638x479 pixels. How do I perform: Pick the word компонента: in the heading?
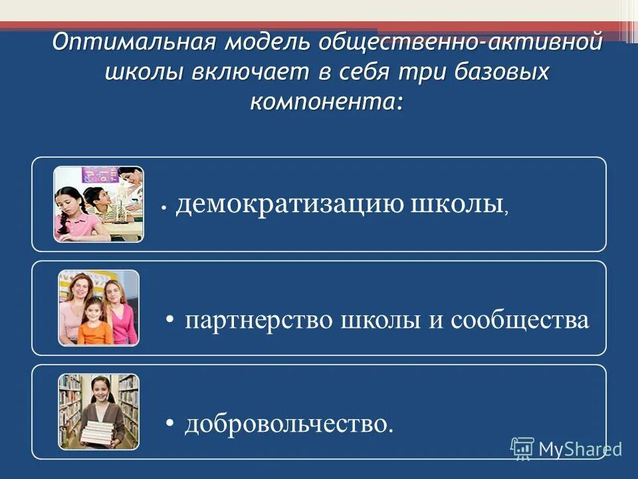(327, 101)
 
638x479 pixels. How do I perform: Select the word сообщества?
(520, 321)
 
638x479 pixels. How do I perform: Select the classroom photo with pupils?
(99, 204)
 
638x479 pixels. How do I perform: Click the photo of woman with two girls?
(99, 307)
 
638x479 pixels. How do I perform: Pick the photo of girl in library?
(99, 411)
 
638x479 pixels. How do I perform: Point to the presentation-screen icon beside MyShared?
(522, 448)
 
